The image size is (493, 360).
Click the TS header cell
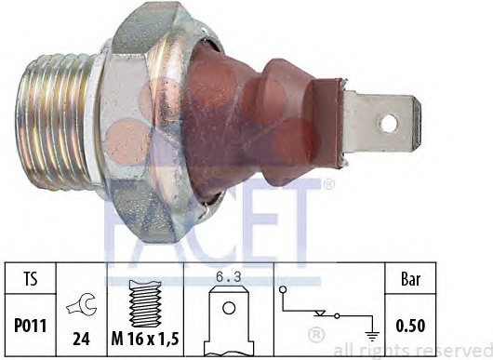click(31, 278)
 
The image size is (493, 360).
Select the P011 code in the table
click(31, 326)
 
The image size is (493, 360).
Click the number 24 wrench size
click(82, 339)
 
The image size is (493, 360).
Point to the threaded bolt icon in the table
click(145, 303)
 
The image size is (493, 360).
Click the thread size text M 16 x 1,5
click(145, 339)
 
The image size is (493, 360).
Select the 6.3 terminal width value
click(229, 277)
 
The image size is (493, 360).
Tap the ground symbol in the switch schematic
click(372, 337)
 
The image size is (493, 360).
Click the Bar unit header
click(410, 279)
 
